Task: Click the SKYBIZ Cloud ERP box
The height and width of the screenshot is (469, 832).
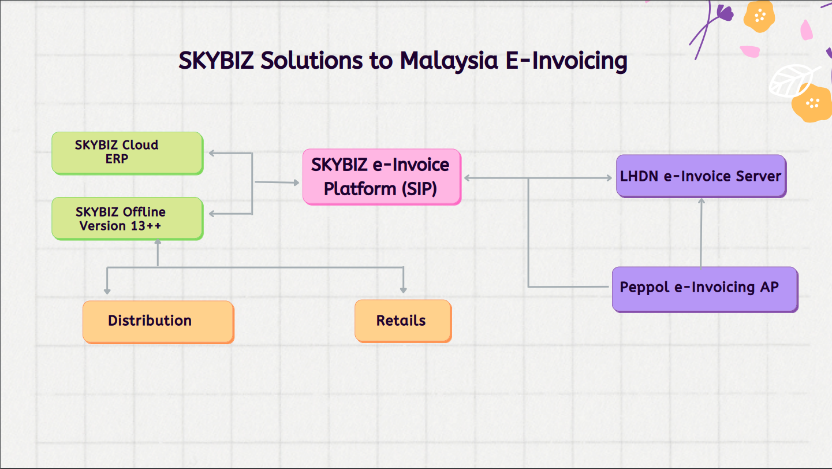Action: (128, 152)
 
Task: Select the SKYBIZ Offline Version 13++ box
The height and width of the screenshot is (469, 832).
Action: (128, 218)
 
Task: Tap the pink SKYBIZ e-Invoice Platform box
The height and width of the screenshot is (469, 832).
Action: (382, 177)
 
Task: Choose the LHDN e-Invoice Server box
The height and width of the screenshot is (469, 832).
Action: (702, 176)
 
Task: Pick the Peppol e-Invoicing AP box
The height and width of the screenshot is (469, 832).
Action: (705, 289)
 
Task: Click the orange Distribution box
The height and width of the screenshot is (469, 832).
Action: (159, 322)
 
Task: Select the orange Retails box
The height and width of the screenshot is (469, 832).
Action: (404, 321)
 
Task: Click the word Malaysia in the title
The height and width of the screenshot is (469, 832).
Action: (449, 61)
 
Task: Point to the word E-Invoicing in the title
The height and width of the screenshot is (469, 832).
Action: (566, 61)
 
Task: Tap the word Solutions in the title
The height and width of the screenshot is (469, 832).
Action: (311, 60)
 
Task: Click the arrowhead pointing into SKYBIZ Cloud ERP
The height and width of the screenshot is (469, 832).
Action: (212, 153)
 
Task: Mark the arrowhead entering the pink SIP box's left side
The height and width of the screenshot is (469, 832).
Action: (296, 183)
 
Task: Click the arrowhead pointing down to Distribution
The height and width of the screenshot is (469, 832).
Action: (107, 291)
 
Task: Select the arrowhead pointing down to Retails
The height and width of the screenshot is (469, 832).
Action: (404, 290)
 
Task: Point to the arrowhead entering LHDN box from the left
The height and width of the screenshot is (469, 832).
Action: (609, 178)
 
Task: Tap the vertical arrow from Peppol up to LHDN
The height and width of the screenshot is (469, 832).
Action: (702, 233)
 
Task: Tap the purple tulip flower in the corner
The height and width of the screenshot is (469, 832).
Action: (724, 13)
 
